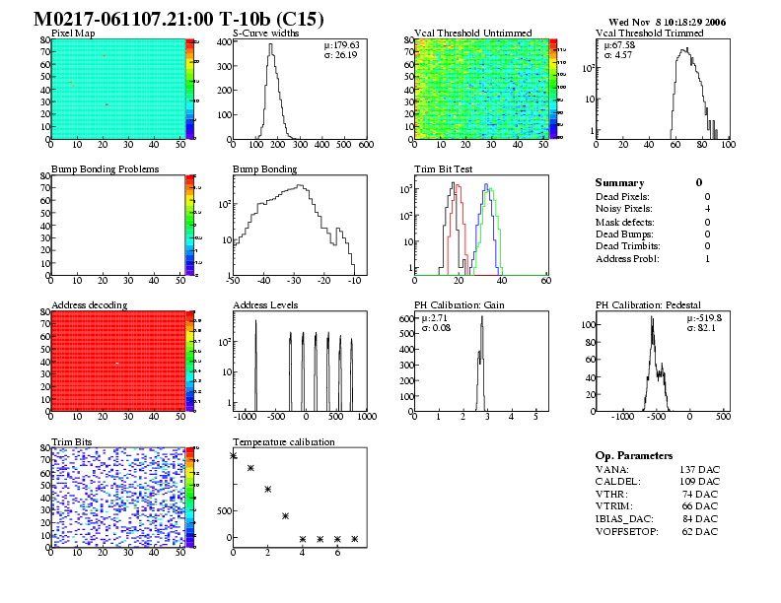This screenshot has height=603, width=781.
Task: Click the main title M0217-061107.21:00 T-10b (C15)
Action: click(x=178, y=20)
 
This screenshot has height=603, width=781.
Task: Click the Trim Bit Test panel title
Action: click(x=443, y=169)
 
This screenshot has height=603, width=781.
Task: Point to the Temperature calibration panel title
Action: click(x=283, y=442)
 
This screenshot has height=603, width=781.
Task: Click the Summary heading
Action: click(x=619, y=183)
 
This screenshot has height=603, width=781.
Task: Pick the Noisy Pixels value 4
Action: click(x=707, y=209)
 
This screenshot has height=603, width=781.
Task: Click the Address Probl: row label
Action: click(x=627, y=259)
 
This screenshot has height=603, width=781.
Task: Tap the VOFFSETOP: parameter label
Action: click(x=630, y=532)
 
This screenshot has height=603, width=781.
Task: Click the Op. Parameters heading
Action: click(x=634, y=456)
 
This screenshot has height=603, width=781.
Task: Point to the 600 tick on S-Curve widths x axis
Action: click(x=365, y=145)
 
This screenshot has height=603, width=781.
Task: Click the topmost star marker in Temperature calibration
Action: click(x=234, y=455)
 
